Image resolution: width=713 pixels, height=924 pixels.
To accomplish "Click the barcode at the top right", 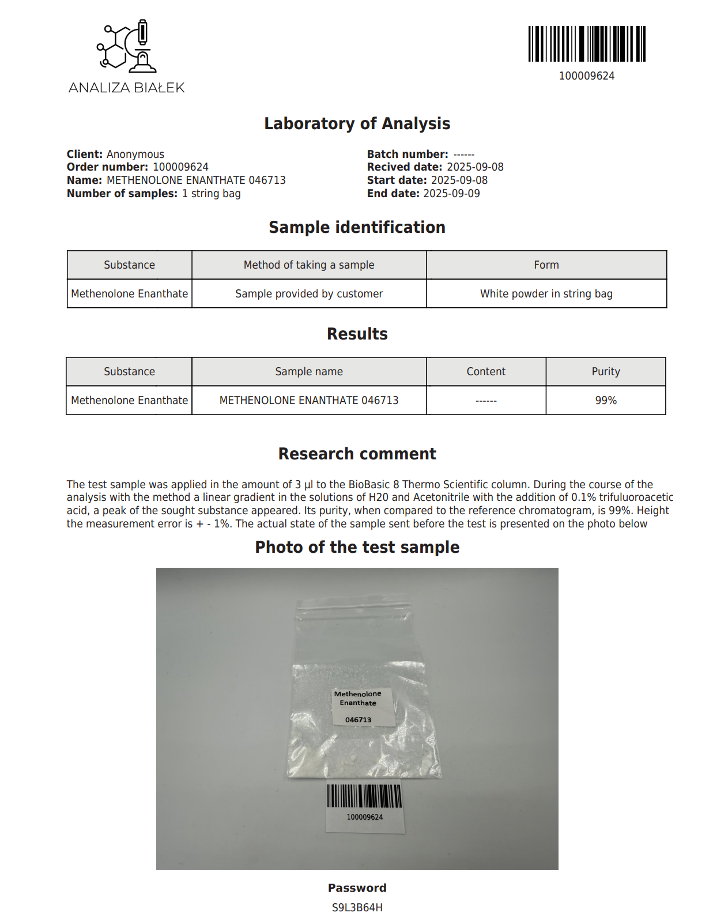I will (x=587, y=44).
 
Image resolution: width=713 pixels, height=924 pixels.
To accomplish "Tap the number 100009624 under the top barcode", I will (x=587, y=76).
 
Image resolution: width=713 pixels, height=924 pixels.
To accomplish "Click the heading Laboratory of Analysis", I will (x=357, y=123).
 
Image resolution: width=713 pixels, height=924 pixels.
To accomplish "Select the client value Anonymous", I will (x=135, y=154).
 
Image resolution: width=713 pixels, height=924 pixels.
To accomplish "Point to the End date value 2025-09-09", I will (x=451, y=194).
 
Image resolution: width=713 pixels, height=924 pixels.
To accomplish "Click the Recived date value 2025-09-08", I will (x=475, y=167).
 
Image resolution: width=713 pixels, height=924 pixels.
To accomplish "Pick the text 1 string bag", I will (x=211, y=194).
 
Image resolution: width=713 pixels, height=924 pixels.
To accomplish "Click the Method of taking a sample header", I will (x=309, y=265).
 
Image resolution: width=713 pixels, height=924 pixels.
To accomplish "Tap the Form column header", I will (x=546, y=265).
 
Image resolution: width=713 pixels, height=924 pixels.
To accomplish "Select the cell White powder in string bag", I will (x=546, y=294).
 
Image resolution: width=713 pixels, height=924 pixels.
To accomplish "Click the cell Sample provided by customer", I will (x=309, y=294).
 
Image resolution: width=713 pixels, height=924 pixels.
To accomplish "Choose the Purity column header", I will (x=605, y=372).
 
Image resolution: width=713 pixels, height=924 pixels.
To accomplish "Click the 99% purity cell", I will (x=605, y=401).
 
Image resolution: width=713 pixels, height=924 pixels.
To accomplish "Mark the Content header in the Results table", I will (x=486, y=372).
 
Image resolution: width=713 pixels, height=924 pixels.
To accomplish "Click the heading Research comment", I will (x=357, y=454).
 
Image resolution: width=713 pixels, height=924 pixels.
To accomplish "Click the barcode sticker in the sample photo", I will (x=364, y=806).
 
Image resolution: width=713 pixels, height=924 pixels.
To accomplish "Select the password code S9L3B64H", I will (x=357, y=908).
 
